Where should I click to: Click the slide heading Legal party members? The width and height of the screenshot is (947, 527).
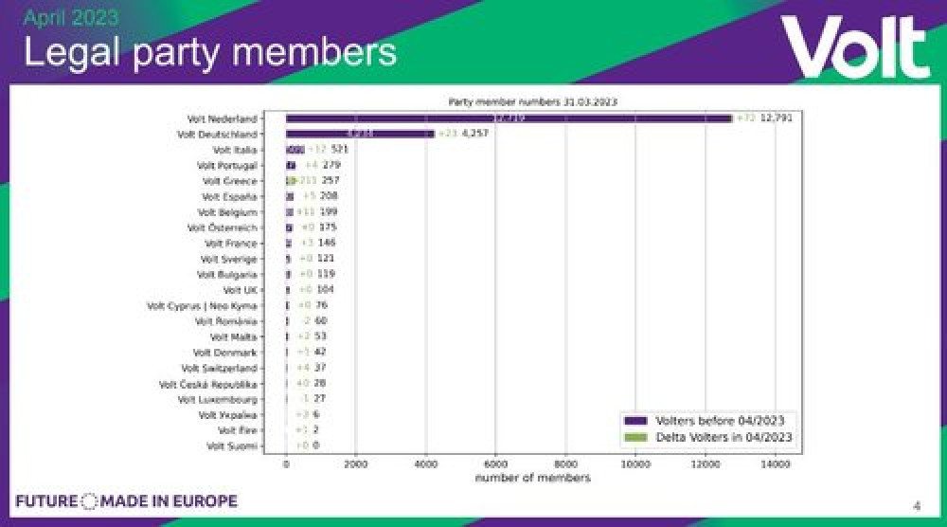pos(209,51)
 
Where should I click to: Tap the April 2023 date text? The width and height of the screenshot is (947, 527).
pos(70,17)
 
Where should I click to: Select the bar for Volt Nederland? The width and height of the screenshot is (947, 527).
pos(509,118)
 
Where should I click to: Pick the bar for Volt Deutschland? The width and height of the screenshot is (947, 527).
pos(360,135)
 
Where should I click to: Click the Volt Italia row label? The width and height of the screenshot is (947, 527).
pos(234,150)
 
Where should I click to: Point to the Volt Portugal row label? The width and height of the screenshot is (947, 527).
pos(231,166)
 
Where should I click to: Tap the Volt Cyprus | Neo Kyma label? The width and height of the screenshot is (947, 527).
pos(202,305)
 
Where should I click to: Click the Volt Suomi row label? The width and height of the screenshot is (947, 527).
pos(231,445)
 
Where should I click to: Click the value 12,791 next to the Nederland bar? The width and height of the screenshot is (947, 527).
pos(776,118)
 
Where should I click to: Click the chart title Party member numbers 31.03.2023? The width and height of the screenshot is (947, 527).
pos(531,101)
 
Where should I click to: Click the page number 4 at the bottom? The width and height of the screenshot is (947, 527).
pos(916,504)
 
